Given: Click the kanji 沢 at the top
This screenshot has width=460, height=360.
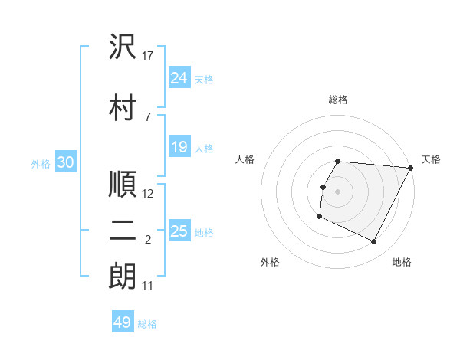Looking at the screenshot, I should pos(123,47).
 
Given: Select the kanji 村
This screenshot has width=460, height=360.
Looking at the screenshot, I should pos(123,108).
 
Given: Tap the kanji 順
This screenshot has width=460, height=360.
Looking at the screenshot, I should pos(123,185).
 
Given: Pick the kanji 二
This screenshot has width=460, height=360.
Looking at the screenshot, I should pos(123,231).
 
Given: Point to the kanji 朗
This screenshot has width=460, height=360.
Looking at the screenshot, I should pos(123,277).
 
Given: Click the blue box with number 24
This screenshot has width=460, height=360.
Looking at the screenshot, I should pos(179,78).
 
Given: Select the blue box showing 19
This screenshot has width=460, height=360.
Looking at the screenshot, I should pos(179,147).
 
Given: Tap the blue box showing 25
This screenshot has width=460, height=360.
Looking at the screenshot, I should pos(179,231).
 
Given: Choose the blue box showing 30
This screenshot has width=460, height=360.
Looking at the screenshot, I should pos(66,162).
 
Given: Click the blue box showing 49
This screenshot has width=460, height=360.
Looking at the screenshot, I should pos(123,322).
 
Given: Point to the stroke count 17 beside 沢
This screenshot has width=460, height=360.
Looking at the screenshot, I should pos(149,56).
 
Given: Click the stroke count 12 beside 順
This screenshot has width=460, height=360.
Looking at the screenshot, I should pos(149,194).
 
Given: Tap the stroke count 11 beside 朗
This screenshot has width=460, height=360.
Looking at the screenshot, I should pos(149,286).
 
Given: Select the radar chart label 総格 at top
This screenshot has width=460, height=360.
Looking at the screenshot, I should pos(338,100).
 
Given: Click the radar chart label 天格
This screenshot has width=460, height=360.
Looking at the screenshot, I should pos(431,159).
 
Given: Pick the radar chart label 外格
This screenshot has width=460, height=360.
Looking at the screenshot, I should pos(270,262).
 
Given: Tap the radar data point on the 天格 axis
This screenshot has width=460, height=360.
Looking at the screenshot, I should pos(411,168).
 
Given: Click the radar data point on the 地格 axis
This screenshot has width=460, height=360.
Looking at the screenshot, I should pos(374,242).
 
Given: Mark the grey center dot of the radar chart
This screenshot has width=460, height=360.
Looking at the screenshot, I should pos(338,191).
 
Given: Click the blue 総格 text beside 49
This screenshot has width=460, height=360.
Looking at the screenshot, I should pos(147,324).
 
